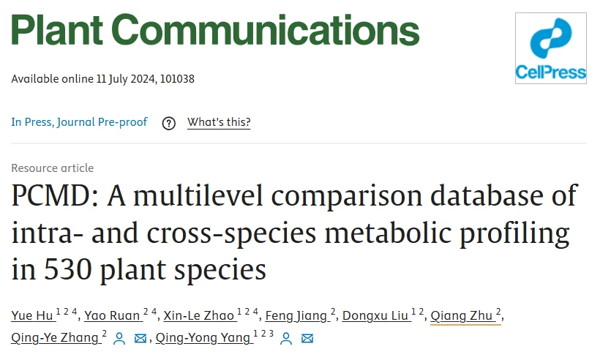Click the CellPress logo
(550, 48)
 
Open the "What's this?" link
(219, 122)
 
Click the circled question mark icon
(169, 123)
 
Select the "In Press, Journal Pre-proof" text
(79, 122)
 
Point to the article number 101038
(176, 78)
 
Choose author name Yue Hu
(32, 316)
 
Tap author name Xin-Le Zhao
(199, 316)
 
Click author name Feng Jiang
(296, 316)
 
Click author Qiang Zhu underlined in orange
(461, 316)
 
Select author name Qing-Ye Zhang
(54, 337)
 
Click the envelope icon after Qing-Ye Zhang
(140, 338)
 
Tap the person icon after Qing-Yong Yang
(287, 338)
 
